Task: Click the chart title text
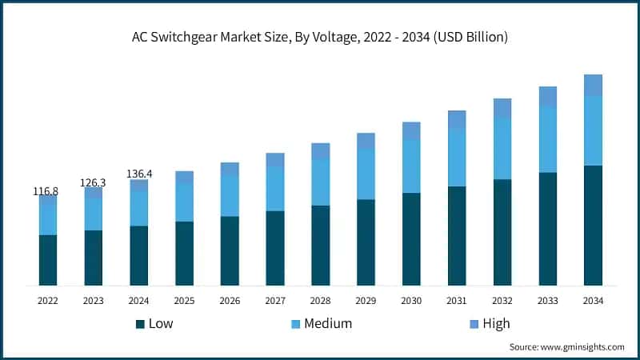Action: (x=320, y=37)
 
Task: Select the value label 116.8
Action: (x=46, y=191)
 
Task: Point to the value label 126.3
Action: (x=93, y=182)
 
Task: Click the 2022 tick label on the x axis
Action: (x=48, y=301)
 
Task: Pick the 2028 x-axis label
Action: (x=320, y=301)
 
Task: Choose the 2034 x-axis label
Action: (x=593, y=301)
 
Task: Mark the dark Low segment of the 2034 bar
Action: (x=593, y=226)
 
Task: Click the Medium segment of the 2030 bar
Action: (x=411, y=166)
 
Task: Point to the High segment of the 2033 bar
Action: (x=547, y=97)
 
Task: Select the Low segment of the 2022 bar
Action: (x=48, y=260)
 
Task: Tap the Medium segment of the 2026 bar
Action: (x=230, y=196)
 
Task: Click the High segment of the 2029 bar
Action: (x=366, y=141)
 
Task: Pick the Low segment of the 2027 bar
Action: (x=275, y=248)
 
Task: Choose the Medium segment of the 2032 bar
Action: (x=502, y=149)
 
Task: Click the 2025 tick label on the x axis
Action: (x=184, y=301)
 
